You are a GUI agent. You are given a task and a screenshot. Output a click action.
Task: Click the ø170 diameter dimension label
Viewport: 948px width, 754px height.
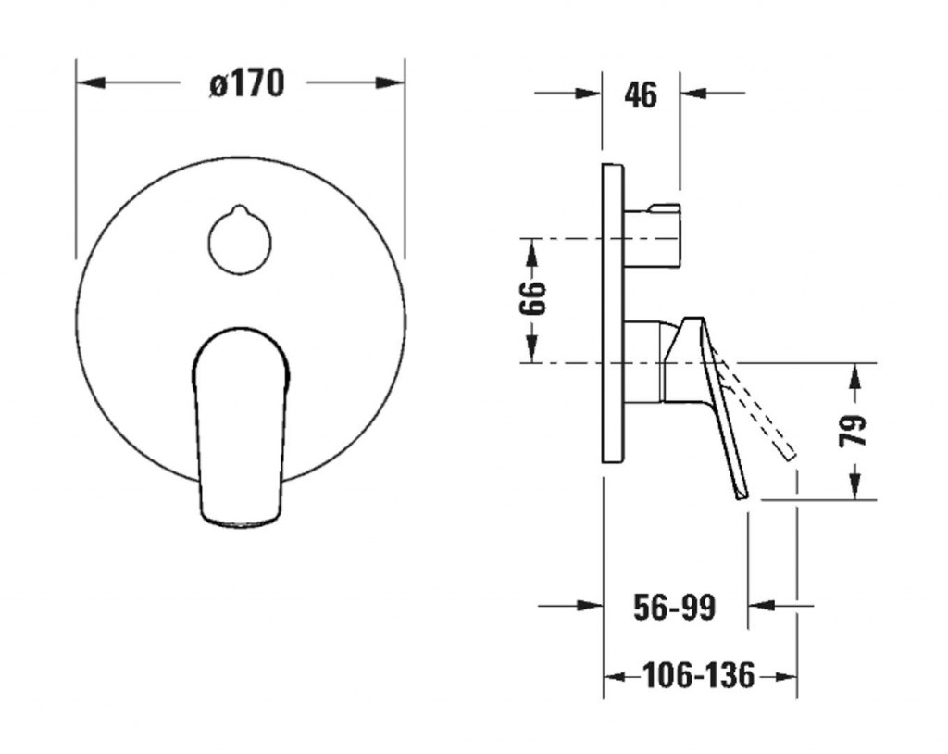click(246, 83)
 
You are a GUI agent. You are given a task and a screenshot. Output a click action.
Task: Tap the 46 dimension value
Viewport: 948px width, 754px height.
click(641, 94)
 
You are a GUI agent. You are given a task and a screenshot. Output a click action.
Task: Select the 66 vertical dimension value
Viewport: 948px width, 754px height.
click(532, 298)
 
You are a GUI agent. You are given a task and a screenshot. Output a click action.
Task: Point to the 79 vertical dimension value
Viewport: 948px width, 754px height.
click(854, 430)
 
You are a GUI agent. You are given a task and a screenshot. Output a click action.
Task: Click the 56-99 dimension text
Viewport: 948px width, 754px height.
click(674, 607)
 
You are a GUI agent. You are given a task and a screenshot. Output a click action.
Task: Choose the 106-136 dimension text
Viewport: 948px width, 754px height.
click(699, 674)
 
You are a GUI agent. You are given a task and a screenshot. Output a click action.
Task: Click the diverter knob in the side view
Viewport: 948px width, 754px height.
click(652, 235)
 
